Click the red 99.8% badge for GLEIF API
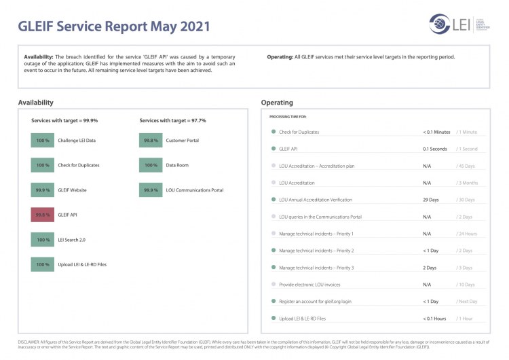tap(43, 215)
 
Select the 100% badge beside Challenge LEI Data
tap(43, 140)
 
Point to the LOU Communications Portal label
tap(194, 190)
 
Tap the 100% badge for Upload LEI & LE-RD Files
tap(43, 264)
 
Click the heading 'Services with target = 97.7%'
tap(172, 120)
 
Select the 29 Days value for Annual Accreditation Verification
tap(430, 200)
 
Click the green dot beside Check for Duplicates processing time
tap(273, 132)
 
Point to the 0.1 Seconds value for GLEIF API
tap(434, 149)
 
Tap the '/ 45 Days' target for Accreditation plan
tap(466, 166)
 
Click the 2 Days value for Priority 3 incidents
tap(430, 268)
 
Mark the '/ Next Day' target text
tap(468, 302)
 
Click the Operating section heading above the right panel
tap(277, 103)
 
